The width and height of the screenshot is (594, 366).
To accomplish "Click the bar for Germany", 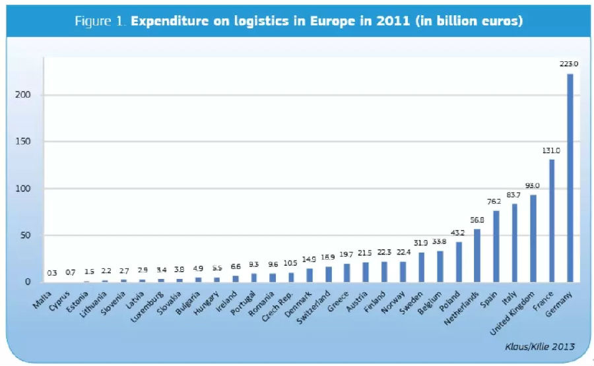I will click(x=570, y=178).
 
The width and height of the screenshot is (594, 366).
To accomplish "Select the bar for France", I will click(x=552, y=221).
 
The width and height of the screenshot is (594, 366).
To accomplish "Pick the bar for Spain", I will click(x=496, y=247).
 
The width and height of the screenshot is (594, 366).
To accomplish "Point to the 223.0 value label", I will click(x=569, y=64).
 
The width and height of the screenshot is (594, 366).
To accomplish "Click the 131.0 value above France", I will click(x=551, y=150).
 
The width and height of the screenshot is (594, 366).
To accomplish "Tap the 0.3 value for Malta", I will click(x=51, y=272).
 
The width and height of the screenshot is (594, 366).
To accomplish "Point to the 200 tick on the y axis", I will click(x=23, y=95).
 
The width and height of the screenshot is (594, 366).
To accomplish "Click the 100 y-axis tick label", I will click(x=23, y=189).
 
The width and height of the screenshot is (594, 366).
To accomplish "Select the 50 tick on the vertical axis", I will click(x=25, y=235).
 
